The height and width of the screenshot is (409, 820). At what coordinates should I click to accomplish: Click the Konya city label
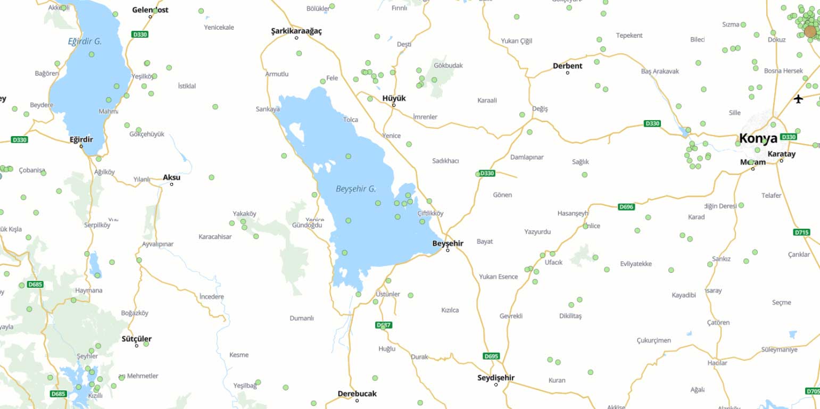(758, 139)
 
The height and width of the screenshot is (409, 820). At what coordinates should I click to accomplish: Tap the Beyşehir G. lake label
(356, 189)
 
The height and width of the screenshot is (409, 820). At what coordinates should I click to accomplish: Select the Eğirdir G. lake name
(85, 41)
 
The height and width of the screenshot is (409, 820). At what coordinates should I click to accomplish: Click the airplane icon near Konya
(798, 99)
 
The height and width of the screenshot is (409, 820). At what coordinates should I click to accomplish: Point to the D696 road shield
(626, 207)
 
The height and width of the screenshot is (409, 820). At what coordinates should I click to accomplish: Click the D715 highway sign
(801, 232)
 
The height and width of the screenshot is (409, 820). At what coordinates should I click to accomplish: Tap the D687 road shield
(383, 325)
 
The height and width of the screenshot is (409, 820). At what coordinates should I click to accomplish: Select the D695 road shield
(491, 356)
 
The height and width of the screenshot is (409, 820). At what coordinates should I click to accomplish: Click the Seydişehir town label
(496, 378)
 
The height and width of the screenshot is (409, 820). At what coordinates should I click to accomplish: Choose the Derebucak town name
(357, 394)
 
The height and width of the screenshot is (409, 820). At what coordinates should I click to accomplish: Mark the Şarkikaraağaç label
(296, 31)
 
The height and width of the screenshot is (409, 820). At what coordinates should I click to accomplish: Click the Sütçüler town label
(136, 339)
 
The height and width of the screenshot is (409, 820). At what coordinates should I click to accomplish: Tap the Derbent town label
(567, 66)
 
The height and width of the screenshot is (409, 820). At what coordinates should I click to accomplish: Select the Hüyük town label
(394, 98)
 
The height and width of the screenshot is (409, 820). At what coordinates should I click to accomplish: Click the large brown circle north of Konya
(810, 32)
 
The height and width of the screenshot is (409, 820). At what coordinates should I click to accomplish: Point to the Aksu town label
(171, 177)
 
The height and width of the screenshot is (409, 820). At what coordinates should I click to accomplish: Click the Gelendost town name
(150, 10)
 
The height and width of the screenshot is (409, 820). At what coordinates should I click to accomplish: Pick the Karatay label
(781, 154)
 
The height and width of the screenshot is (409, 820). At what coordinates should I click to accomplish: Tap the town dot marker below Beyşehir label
(448, 250)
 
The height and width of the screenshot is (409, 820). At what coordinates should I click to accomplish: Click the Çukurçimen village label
(653, 340)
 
